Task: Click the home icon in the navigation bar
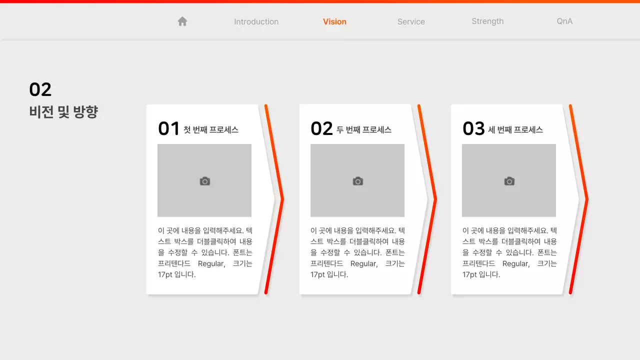(182, 21)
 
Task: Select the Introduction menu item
(256, 21)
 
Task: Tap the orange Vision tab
(334, 21)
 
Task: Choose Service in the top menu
(411, 21)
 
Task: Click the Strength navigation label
(487, 21)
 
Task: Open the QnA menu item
(564, 21)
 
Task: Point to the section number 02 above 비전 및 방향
(40, 89)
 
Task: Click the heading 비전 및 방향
(63, 112)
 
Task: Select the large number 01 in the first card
(168, 129)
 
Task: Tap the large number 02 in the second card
(321, 129)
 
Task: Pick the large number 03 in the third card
(473, 129)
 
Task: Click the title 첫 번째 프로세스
(211, 130)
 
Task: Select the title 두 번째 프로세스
(364, 130)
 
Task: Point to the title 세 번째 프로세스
(515, 130)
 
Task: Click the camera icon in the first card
(205, 181)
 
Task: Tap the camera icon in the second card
(358, 181)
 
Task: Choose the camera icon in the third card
(509, 181)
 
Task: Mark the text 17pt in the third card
(469, 274)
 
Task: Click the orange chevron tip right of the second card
(435, 199)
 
